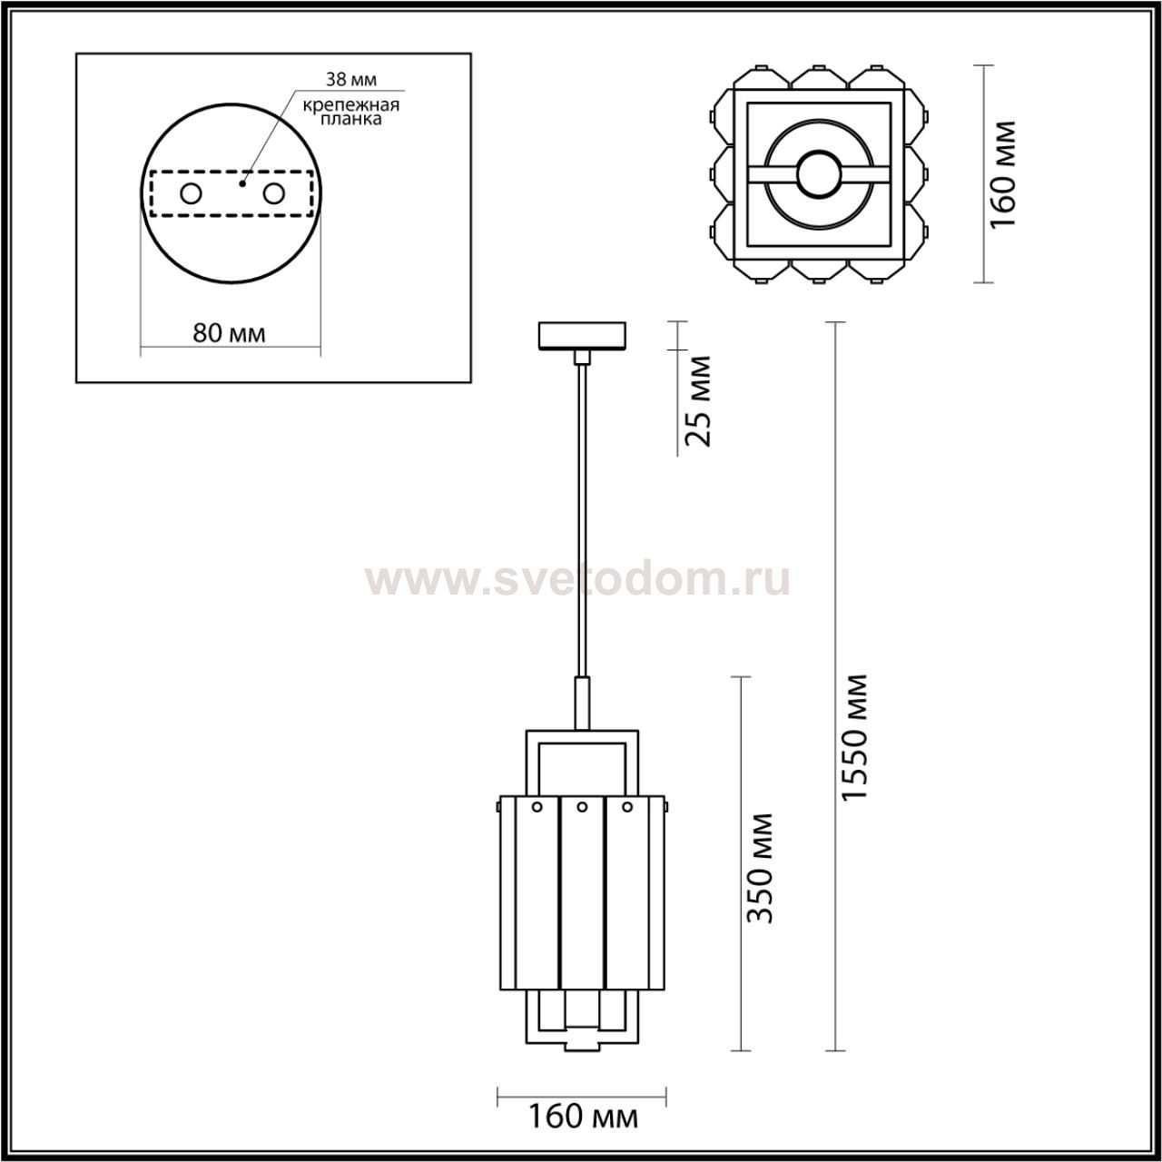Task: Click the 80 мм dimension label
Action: [x=229, y=333]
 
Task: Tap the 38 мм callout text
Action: [x=351, y=80]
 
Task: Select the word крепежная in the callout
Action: [x=351, y=105]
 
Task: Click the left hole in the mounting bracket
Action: [x=192, y=194]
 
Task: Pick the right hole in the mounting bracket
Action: [x=273, y=194]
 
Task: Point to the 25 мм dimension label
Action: [x=699, y=401]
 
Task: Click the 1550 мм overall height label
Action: [x=854, y=737]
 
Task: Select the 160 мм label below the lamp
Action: [x=583, y=1118]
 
